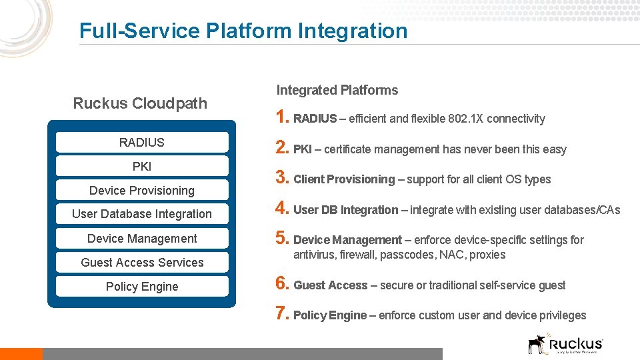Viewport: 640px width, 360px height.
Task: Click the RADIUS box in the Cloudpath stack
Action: [142, 142]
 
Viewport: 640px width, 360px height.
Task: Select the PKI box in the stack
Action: [142, 166]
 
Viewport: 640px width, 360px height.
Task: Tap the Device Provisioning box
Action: [142, 191]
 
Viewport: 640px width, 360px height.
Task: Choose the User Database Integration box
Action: [142, 214]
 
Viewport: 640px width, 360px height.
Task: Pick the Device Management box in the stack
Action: [142, 239]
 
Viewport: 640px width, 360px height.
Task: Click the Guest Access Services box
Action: [142, 263]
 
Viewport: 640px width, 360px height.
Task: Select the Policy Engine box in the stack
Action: [142, 287]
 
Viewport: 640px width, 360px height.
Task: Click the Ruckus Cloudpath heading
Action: [140, 103]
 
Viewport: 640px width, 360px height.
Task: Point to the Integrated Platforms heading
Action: [337, 90]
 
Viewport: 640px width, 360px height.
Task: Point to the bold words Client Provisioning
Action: [344, 179]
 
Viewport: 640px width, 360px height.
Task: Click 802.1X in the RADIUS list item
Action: [467, 119]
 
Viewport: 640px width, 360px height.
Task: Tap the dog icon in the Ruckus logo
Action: [537, 343]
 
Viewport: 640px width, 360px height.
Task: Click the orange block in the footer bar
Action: [21, 354]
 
